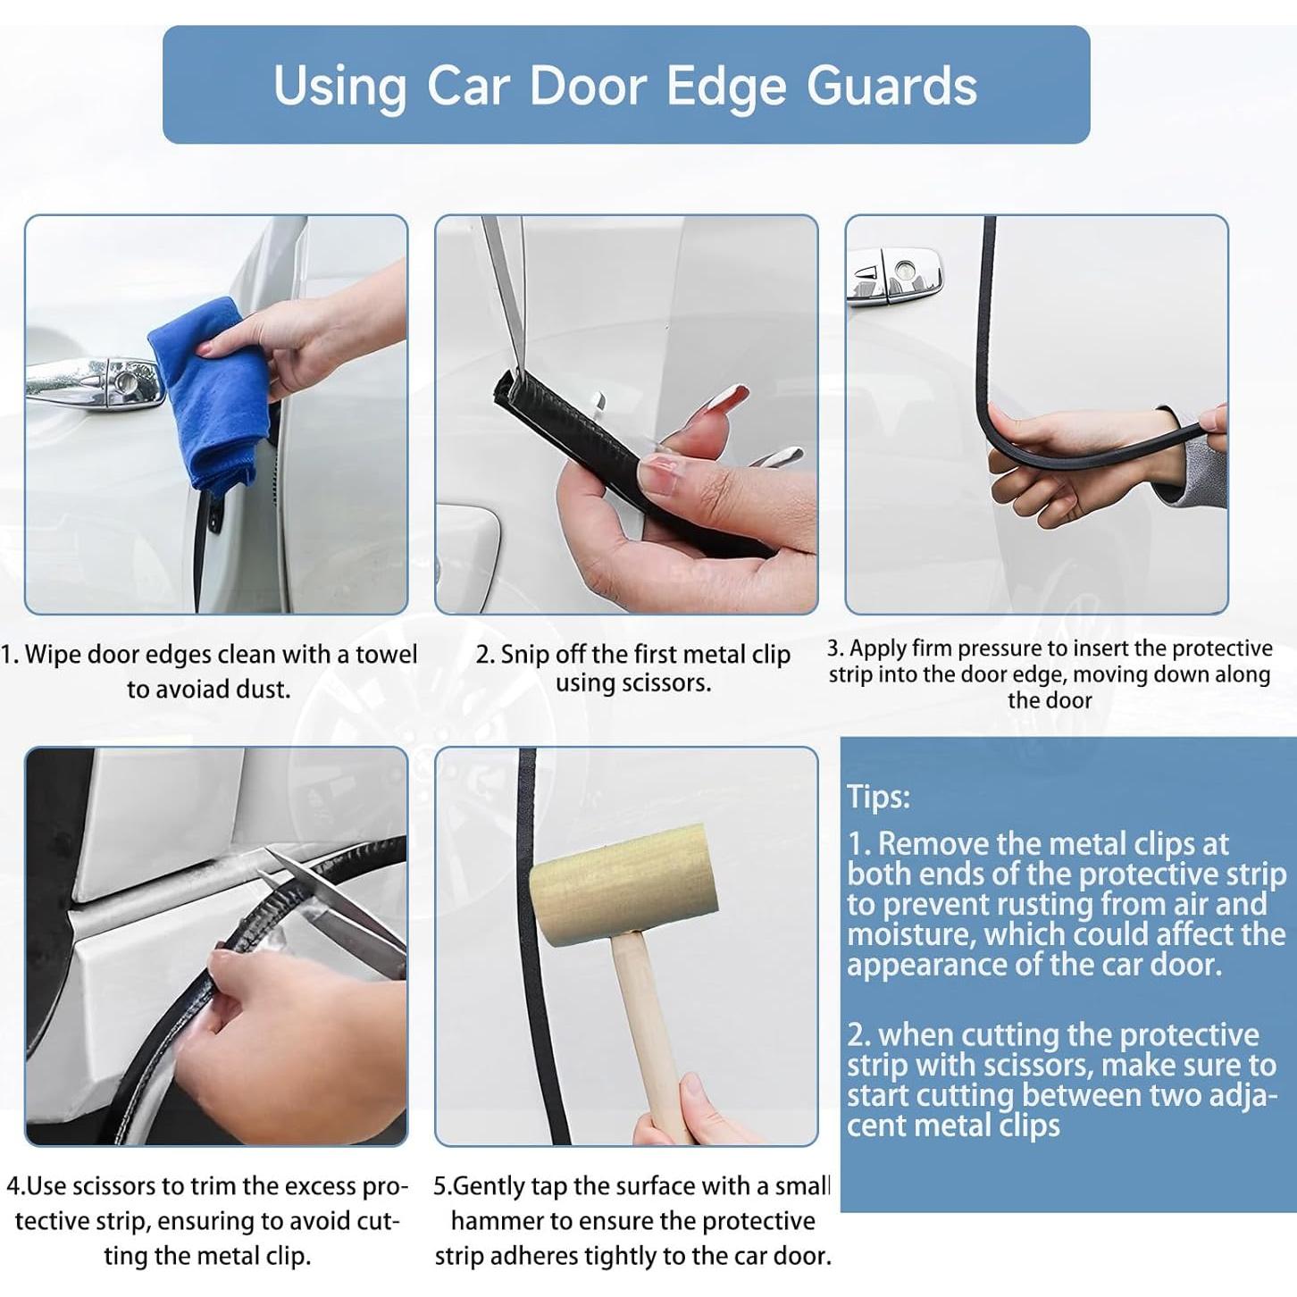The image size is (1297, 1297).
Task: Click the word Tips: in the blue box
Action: click(878, 796)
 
